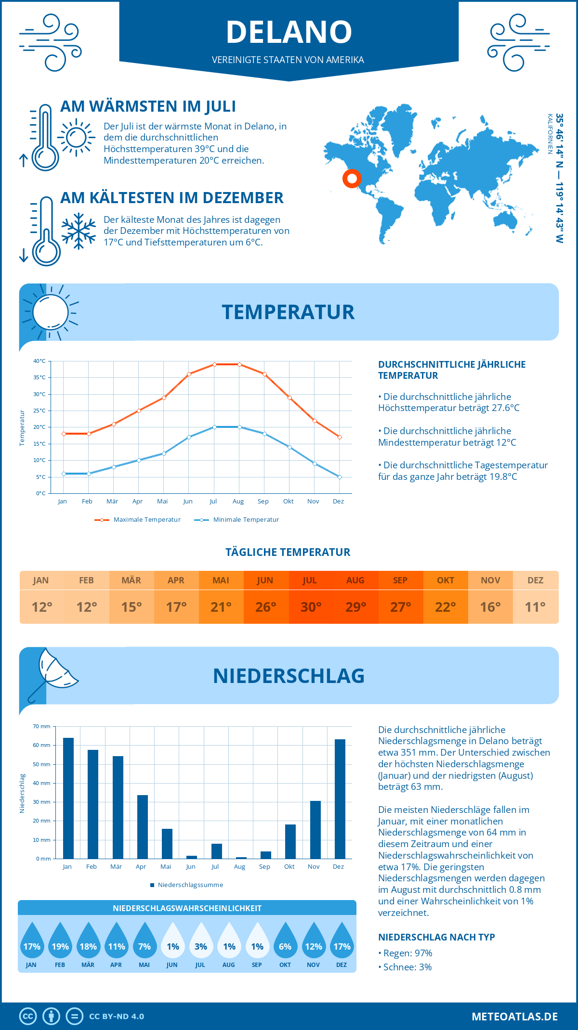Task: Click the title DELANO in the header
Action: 289,32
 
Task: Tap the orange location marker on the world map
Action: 352,179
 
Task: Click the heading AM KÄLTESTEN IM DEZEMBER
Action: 171,198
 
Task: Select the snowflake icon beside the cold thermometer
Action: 79,231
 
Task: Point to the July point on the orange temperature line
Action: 214,364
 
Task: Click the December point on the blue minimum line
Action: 340,477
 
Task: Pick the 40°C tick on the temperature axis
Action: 39,361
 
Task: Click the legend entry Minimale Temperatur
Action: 246,520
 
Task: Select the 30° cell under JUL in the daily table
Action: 311,607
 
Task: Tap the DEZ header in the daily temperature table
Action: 535,580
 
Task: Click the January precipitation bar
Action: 68,798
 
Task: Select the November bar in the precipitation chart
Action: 315,829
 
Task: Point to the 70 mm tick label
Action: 41,726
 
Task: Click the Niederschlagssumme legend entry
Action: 190,885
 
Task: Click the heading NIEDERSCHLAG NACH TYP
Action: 436,937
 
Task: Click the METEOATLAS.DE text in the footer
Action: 514,1017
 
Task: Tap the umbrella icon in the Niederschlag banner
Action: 53,671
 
